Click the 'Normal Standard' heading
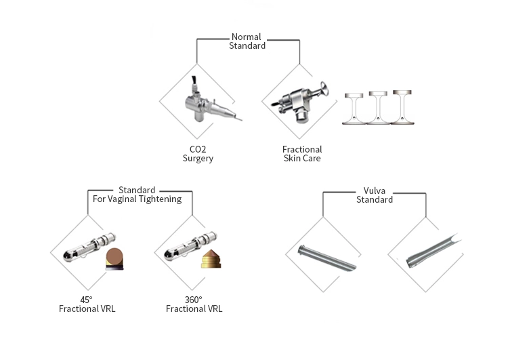[x=248, y=41]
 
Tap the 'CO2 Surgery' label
[x=198, y=154]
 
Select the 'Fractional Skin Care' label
[x=302, y=154]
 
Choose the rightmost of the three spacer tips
[x=403, y=108]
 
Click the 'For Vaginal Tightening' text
[x=137, y=199]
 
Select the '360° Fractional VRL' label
[x=194, y=304]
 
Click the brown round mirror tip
[x=115, y=259]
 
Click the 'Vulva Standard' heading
[x=375, y=195]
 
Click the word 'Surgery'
[x=198, y=159]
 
